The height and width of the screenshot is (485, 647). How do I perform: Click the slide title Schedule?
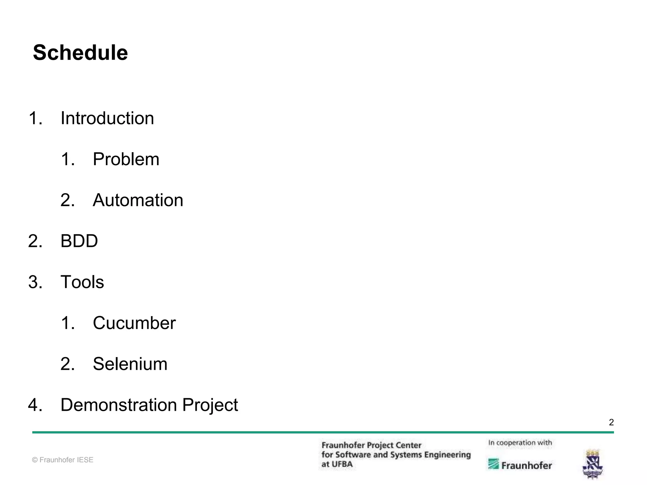80,53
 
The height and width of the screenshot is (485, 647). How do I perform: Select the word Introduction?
107,118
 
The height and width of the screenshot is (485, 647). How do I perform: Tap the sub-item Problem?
126,159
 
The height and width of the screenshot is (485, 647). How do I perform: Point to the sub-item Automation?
138,200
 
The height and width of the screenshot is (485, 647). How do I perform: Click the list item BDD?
79,241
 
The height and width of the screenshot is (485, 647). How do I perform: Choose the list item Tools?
82,282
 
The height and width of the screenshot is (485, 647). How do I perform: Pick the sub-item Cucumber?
134,323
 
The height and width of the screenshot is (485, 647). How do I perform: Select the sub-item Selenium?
130,364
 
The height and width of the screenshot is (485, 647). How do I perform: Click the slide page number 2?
611,422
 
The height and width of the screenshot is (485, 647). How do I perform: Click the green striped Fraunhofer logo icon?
493,464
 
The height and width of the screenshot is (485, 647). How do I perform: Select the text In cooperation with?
520,443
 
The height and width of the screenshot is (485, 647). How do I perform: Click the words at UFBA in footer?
337,464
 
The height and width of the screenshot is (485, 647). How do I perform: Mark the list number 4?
35,405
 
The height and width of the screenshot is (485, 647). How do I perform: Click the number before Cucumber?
68,323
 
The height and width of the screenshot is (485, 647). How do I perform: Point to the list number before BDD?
35,241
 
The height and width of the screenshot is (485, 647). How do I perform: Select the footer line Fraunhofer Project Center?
371,445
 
